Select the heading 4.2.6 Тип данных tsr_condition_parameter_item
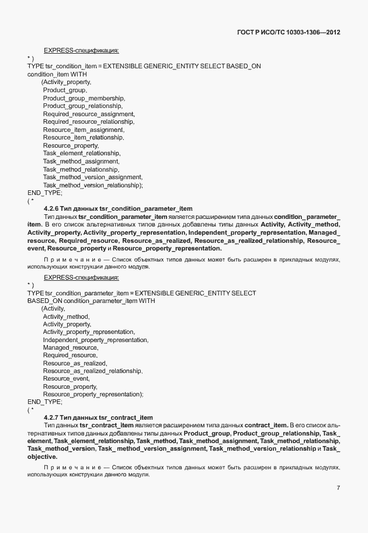118,208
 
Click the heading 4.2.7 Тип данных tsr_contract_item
98,417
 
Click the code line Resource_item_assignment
83,130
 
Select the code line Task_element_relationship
81,153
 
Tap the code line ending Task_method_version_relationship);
93,184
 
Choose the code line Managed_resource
70,347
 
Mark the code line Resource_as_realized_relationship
92,371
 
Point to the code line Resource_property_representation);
93,394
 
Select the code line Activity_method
66,316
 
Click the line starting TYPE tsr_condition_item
144,67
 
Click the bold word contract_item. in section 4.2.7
265,425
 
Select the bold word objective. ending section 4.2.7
42,457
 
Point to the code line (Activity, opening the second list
53,308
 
